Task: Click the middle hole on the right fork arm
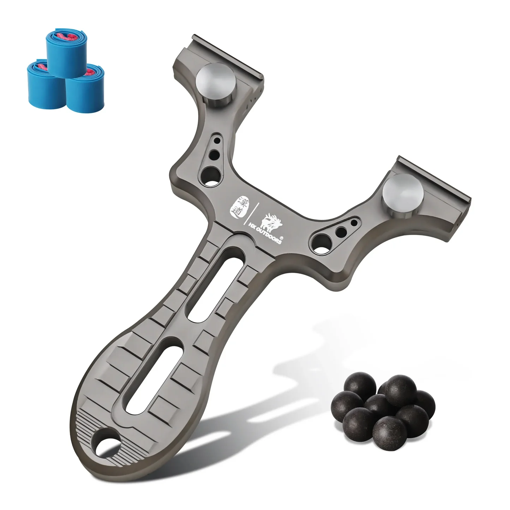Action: [341, 232]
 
